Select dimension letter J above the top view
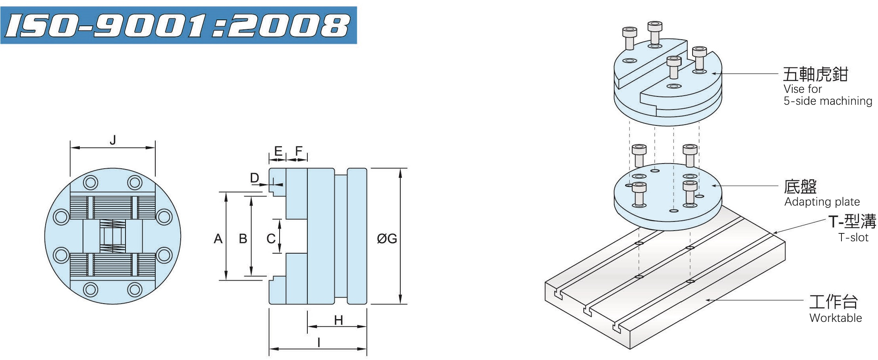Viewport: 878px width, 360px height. coord(113,140)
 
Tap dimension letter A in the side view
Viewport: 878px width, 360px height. coord(218,239)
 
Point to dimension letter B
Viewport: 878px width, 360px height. coord(243,239)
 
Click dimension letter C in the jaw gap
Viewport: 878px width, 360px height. coord(271,239)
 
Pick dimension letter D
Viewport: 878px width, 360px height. coord(255,178)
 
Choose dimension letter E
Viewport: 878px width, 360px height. coord(278,151)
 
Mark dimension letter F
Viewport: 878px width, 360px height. coord(299,151)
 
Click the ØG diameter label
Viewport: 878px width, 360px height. coord(387,239)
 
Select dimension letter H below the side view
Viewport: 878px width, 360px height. coord(338,320)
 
